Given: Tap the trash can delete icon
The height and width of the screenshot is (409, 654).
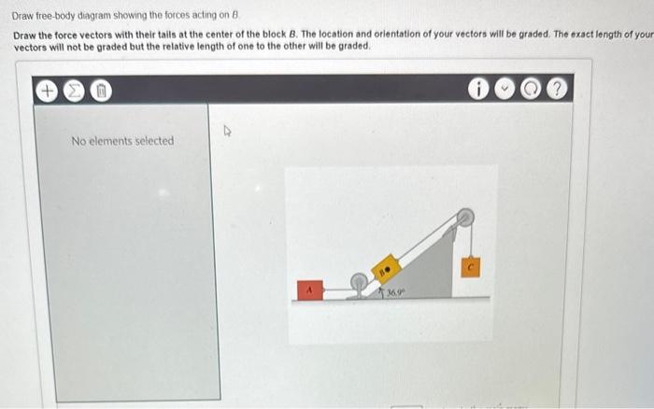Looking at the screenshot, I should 103,91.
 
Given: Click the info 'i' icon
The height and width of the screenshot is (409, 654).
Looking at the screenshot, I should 479,91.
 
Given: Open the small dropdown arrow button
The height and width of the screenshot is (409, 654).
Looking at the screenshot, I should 505,91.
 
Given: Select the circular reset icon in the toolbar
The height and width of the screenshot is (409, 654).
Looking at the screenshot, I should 531,91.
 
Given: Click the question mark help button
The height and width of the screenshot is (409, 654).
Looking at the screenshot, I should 558,91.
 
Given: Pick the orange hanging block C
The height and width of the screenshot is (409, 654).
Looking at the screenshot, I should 471,266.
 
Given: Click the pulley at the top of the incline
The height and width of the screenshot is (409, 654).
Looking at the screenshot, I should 462,219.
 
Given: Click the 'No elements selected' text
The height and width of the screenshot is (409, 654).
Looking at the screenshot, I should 122,141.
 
